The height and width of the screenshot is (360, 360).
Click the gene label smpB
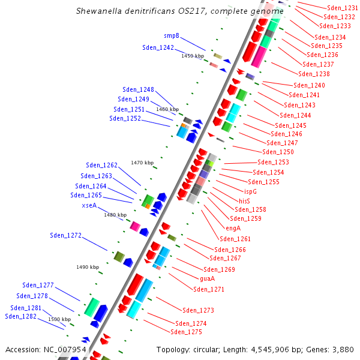click(x=172, y=36)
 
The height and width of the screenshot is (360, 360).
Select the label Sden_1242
click(x=158, y=47)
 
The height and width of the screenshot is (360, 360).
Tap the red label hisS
click(x=244, y=201)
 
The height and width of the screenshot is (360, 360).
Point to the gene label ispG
click(x=250, y=191)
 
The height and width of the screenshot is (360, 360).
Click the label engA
click(x=233, y=228)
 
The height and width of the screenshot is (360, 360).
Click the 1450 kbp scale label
click(x=193, y=56)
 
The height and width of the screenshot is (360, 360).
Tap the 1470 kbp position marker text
click(x=142, y=163)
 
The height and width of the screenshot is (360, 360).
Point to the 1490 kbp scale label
click(x=88, y=267)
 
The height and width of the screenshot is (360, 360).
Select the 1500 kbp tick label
click(x=59, y=319)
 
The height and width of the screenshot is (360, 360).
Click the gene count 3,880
click(x=343, y=349)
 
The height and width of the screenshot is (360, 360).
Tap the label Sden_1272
click(x=65, y=235)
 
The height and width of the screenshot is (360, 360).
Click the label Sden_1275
click(x=186, y=332)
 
